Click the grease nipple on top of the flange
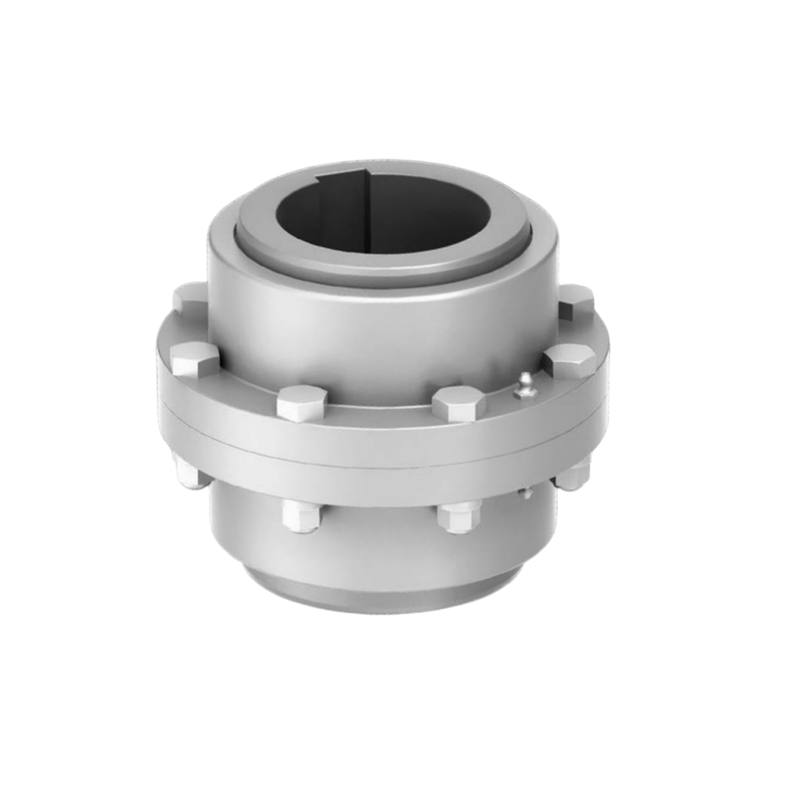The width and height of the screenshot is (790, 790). click(x=524, y=385)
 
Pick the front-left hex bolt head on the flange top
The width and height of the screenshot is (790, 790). click(x=301, y=402)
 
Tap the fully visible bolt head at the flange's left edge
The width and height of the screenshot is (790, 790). click(x=195, y=358)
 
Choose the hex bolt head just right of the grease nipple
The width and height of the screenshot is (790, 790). click(x=569, y=361)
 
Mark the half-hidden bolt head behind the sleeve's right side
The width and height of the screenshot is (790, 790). click(x=575, y=302)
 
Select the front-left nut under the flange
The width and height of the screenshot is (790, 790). click(x=301, y=515)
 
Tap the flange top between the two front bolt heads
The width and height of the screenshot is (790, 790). click(x=380, y=417)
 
